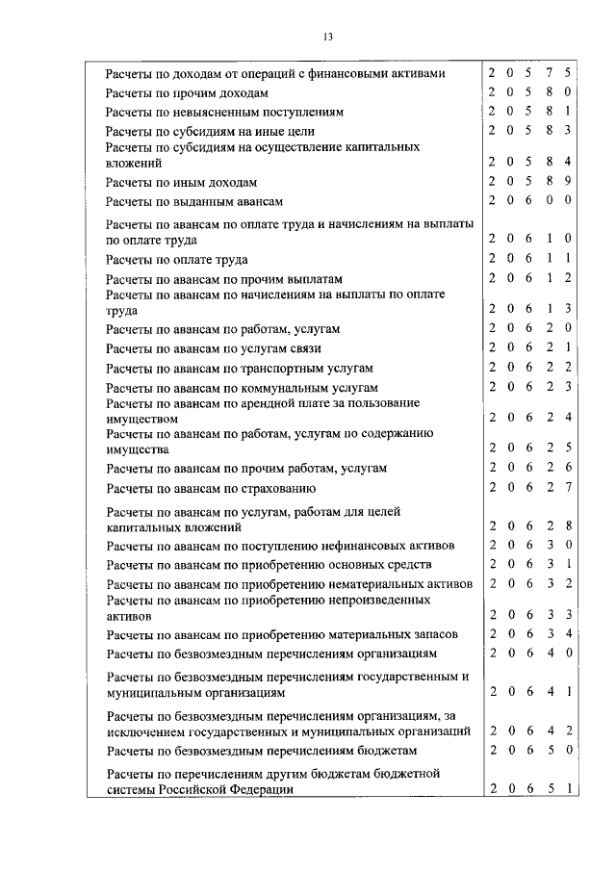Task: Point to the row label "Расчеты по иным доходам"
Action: click(x=181, y=182)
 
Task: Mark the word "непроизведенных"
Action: click(x=383, y=600)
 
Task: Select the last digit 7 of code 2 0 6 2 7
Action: click(x=569, y=486)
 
